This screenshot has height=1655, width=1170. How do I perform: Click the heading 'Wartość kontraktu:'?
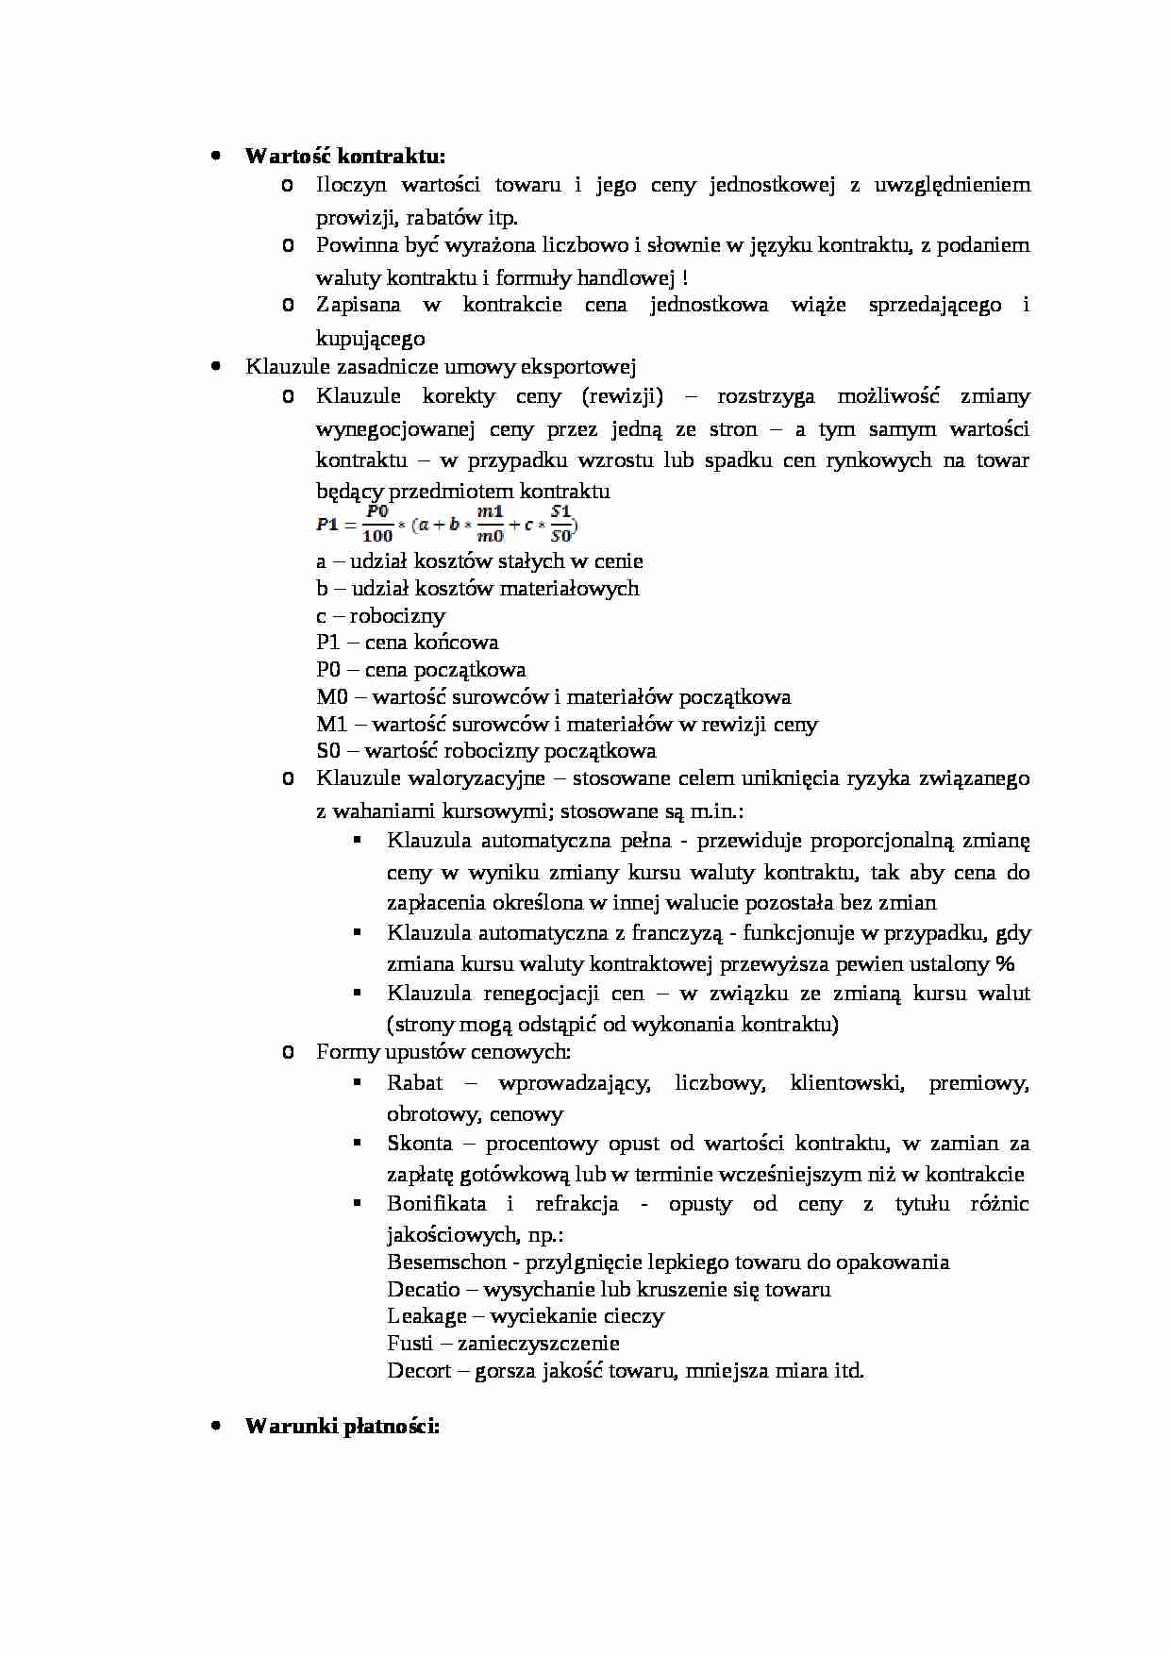344,156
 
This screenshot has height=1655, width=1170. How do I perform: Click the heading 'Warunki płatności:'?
342,1426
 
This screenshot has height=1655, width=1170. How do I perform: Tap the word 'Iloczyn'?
350,185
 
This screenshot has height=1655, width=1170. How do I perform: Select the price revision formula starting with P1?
446,524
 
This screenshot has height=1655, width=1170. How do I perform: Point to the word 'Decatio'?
423,1290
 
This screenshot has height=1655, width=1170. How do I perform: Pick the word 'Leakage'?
426,1316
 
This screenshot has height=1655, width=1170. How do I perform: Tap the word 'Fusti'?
409,1344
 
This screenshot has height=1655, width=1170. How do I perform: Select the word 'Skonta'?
419,1144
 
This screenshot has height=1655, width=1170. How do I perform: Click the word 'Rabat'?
414,1083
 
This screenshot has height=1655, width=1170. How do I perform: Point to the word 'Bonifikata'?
436,1204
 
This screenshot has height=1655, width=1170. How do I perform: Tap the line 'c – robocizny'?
380,616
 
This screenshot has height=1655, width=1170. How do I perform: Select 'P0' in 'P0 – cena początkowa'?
328,670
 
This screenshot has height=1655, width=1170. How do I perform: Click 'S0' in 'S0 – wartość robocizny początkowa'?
327,751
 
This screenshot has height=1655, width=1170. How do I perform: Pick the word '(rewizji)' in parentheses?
622,396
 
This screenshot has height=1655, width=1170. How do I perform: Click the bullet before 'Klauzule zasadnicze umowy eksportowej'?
216,366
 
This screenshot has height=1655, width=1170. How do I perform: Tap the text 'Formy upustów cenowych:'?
443,1052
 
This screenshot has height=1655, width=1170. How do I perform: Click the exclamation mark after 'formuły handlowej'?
684,278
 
